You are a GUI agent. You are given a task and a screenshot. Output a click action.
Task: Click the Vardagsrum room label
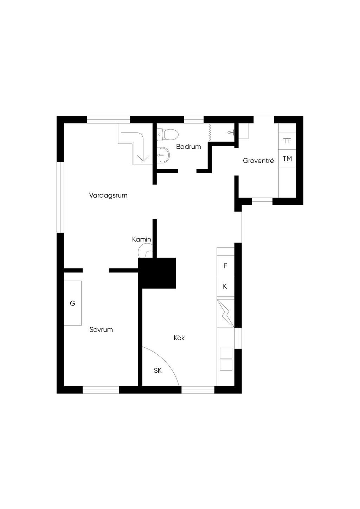[108, 195]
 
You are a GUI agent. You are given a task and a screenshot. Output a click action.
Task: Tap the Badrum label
[188, 147]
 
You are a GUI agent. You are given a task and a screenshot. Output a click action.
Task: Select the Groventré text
[258, 161]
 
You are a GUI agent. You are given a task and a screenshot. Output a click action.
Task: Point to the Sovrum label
[101, 329]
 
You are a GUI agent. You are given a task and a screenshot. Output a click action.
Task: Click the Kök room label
[179, 338]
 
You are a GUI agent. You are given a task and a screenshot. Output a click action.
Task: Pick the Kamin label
[142, 239]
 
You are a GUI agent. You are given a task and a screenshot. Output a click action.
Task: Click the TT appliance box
[287, 141]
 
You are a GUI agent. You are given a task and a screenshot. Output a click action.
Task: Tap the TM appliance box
[287, 159]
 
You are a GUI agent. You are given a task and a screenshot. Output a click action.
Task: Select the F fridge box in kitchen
[225, 266]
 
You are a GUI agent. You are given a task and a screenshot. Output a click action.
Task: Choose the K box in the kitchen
[225, 286]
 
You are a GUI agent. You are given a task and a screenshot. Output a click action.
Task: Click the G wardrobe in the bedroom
[73, 303]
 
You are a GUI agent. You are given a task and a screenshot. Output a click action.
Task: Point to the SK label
[158, 371]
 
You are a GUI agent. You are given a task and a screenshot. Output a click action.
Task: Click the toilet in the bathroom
[168, 135]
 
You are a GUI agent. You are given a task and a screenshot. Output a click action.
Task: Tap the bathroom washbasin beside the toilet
[163, 155]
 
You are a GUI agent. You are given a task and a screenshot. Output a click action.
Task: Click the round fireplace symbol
[146, 251]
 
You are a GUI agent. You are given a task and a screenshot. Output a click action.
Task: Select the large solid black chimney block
[157, 273]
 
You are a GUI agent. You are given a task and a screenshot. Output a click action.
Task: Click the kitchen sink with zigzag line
[225, 314]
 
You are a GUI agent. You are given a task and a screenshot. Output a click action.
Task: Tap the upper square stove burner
[226, 353]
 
